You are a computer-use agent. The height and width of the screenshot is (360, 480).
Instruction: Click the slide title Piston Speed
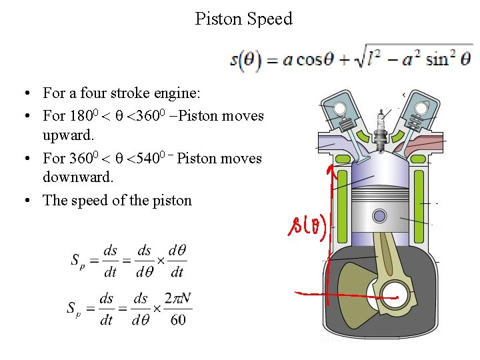tap(243, 19)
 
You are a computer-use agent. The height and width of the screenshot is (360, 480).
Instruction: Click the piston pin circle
tap(379, 216)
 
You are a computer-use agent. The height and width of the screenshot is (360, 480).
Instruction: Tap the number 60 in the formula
tap(177, 320)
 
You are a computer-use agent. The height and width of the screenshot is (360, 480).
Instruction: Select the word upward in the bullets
tap(67, 135)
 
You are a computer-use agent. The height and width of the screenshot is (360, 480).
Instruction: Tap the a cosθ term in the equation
tap(299, 60)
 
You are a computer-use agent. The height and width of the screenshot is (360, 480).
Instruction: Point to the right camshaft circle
tap(421, 107)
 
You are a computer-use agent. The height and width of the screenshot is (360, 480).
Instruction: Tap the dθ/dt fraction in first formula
tap(176, 261)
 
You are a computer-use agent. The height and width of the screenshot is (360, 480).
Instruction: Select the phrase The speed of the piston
tap(117, 200)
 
